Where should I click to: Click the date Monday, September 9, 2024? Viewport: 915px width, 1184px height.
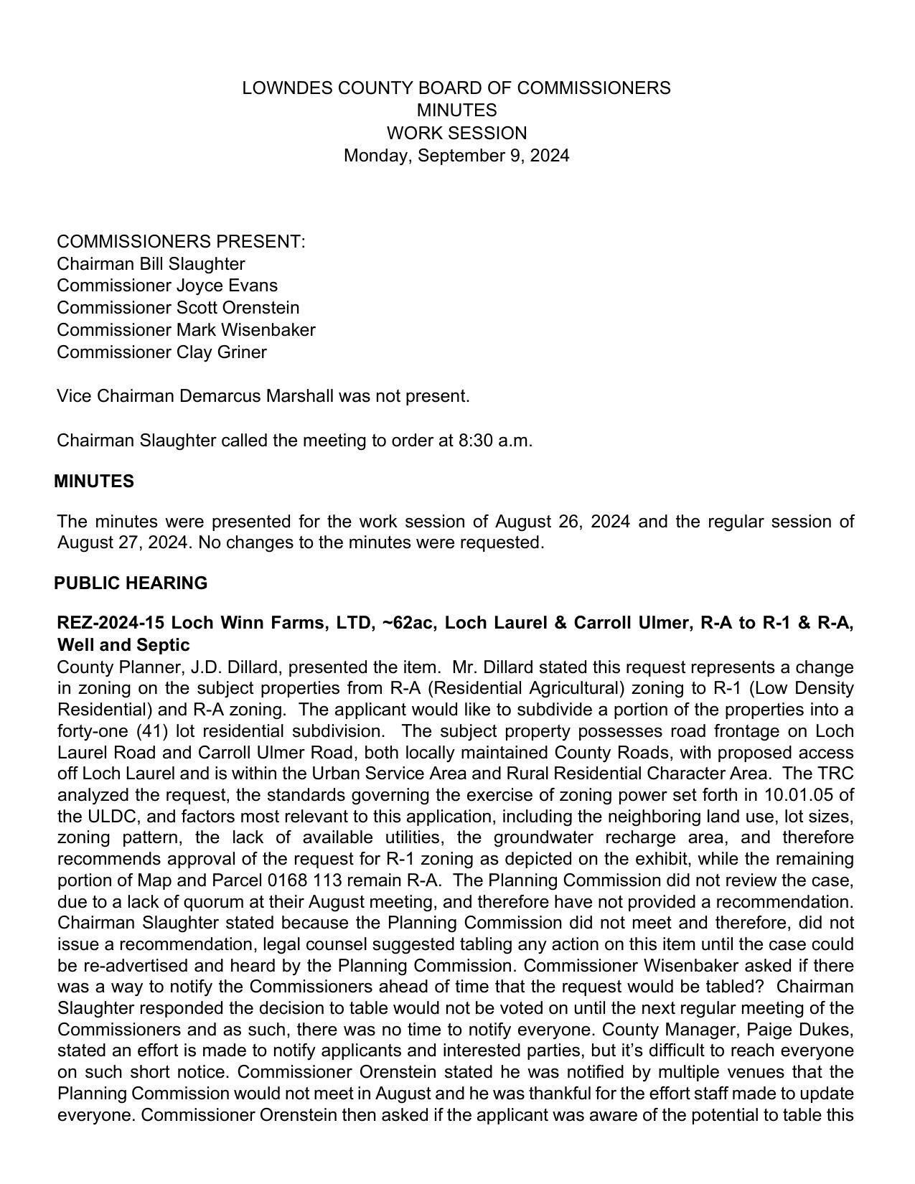456,156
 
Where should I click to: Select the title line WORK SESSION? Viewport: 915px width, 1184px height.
456,133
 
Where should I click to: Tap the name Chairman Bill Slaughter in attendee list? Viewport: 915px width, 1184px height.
151,264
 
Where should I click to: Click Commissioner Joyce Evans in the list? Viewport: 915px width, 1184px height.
166,286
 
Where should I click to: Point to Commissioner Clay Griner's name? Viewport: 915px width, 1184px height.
161,352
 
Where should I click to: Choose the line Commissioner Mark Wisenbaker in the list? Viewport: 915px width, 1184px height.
186,330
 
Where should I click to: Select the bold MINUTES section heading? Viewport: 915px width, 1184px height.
94,481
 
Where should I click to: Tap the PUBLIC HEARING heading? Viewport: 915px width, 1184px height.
131,583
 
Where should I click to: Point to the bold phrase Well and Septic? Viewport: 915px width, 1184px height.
123,644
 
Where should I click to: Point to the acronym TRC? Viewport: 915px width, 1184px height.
835,774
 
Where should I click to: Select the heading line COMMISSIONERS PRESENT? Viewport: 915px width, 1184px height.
181,242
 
